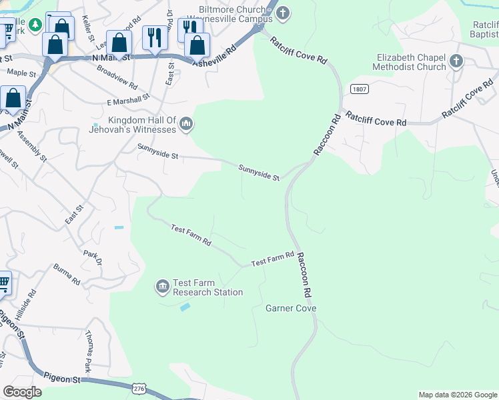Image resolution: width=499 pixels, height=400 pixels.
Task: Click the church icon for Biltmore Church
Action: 283,13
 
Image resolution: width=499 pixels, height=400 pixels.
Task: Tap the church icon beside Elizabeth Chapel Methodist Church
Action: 456,62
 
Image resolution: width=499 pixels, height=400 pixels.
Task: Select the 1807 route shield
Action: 358,88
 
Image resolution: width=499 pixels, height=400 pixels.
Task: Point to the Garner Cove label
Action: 290,309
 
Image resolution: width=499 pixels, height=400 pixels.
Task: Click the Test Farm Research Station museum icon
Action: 163,287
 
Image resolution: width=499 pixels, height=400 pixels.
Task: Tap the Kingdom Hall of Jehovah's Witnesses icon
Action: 186,123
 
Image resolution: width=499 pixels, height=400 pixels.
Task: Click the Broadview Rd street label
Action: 117,78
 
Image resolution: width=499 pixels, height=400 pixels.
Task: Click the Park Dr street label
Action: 92,257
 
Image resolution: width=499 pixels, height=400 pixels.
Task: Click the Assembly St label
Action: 32,149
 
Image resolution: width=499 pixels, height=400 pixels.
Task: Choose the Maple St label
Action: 21,72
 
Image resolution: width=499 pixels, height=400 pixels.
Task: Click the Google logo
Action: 23,392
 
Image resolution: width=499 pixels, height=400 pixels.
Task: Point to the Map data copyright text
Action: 457,395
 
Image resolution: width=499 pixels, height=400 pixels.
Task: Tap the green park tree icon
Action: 35,25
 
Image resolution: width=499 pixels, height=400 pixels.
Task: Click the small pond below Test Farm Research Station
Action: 185,307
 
